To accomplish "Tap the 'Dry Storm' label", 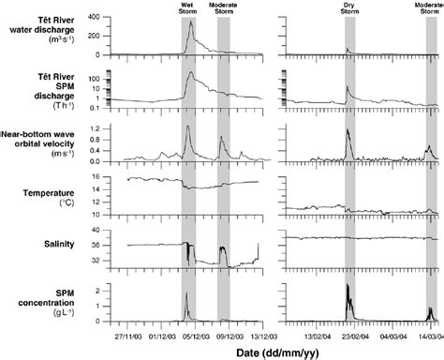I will [349, 8].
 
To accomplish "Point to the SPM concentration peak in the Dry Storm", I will [347, 284].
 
